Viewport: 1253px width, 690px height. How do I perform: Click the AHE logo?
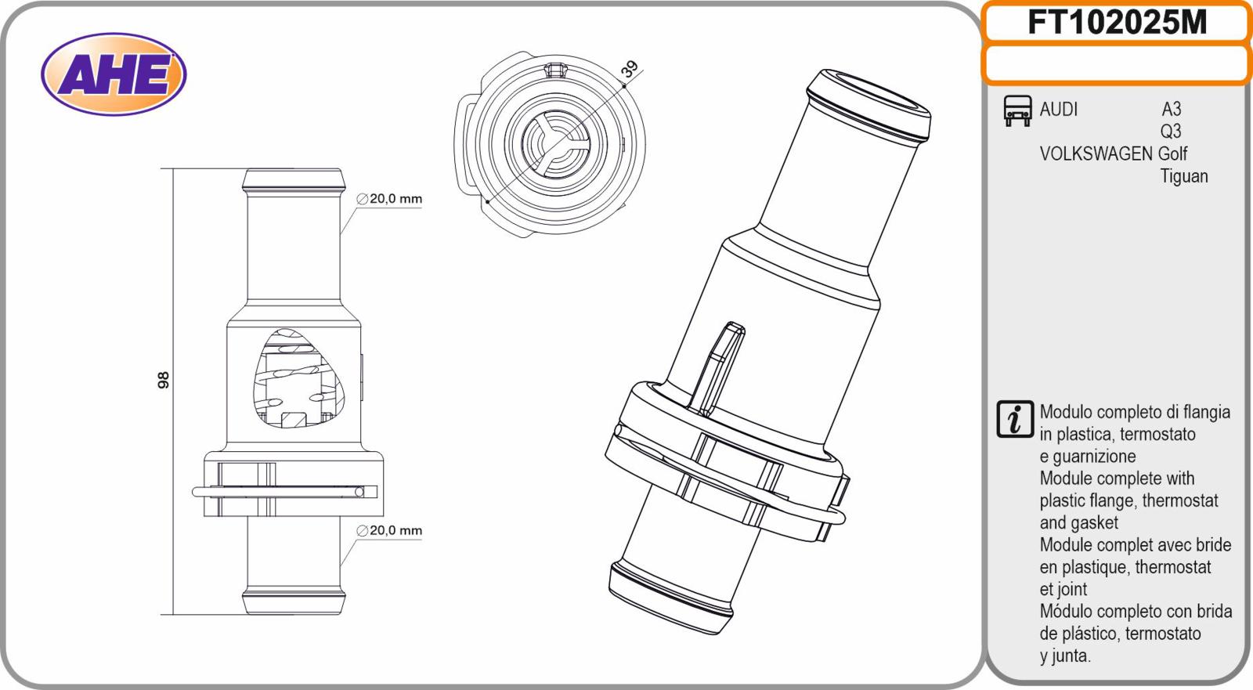tap(114, 74)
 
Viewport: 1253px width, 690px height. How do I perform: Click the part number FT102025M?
tap(1117, 23)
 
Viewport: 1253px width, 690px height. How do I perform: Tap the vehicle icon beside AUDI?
tap(1017, 110)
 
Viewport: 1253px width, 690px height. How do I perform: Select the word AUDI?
tap(1058, 109)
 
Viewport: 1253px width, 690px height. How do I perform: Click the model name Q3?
tap(1171, 132)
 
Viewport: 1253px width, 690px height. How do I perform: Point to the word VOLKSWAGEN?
tap(1096, 154)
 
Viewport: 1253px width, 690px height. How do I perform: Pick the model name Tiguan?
tap(1183, 176)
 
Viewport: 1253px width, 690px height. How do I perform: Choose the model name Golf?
tap(1172, 154)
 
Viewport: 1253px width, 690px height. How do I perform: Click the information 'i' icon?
tap(1015, 419)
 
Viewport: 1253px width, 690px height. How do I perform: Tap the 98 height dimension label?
tap(164, 380)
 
